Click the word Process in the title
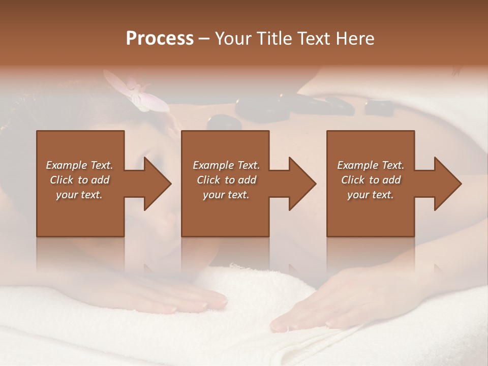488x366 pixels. click(x=160, y=39)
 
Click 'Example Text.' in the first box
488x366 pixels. click(x=79, y=165)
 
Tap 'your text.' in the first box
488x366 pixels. click(x=79, y=195)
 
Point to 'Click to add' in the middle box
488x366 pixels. click(x=226, y=180)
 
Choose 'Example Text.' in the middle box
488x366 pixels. click(x=226, y=165)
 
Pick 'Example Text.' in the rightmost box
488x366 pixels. click(x=371, y=165)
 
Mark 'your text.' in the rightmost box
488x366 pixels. click(x=371, y=195)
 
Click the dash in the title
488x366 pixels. click(x=204, y=39)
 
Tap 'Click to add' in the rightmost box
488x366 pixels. click(x=371, y=180)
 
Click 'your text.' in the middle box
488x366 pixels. click(x=226, y=195)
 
